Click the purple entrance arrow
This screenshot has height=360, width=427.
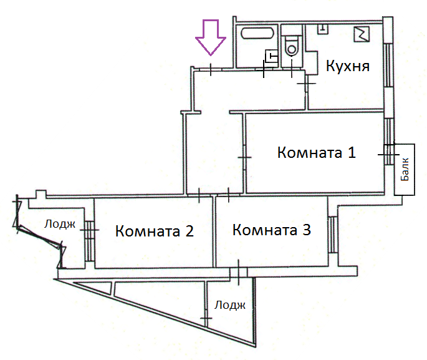[211, 37]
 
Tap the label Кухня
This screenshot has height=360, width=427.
[347, 66]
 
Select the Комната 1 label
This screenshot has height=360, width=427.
[317, 152]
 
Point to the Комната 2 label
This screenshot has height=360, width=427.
[155, 231]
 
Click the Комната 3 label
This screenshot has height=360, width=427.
[272, 230]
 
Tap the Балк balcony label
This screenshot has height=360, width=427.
[405, 169]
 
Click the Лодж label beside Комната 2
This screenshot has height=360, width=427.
[60, 224]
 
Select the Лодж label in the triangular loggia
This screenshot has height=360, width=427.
[230, 305]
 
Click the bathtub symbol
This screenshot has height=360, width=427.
[257, 33]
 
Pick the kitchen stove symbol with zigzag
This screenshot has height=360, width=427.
[362, 34]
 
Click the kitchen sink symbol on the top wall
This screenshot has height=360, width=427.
[323, 29]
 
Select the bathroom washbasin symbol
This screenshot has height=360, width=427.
[271, 56]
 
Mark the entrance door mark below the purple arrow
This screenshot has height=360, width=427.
[211, 69]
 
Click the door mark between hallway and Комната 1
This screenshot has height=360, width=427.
[244, 157]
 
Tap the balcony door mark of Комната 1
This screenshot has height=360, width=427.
[389, 155]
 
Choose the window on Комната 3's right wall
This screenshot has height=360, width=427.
[332, 235]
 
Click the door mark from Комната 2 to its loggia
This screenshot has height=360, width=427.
[89, 230]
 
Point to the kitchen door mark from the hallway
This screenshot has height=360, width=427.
[306, 83]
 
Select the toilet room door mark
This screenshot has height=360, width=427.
[292, 69]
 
